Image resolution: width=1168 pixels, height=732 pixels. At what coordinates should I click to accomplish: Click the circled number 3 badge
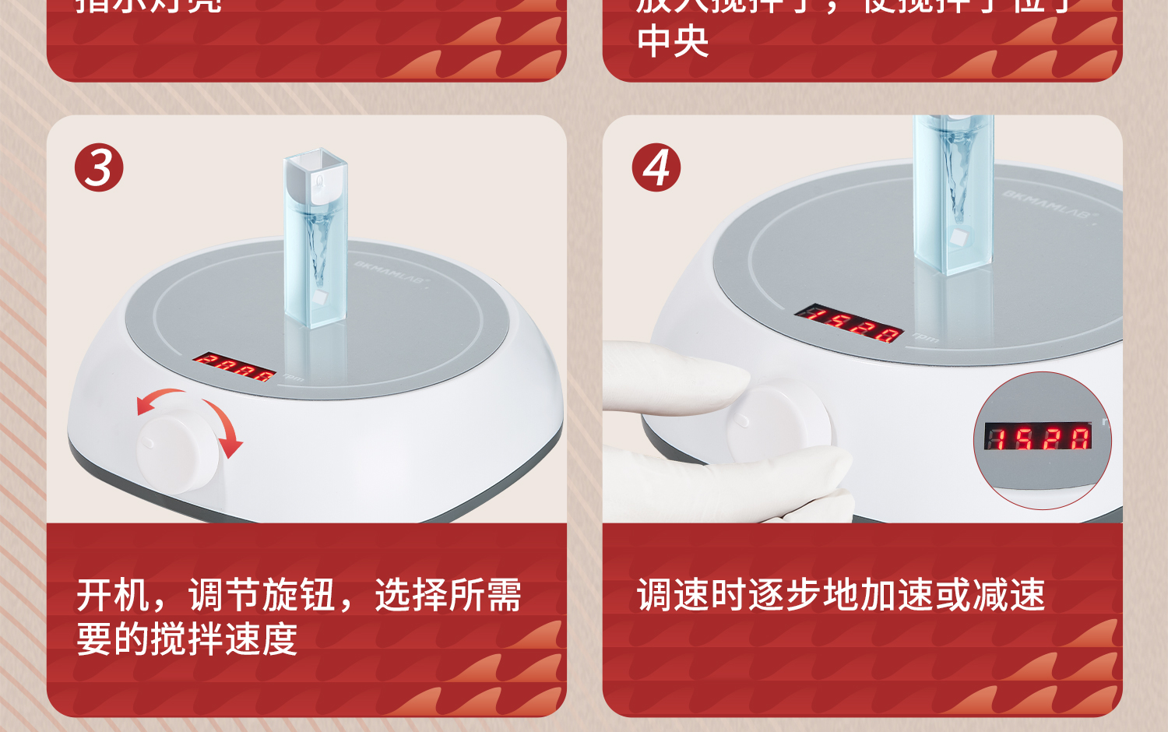coord(99,167)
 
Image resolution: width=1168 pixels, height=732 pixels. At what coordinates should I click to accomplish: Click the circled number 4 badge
coord(656,167)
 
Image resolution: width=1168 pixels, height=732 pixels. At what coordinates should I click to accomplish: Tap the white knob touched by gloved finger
coord(779,421)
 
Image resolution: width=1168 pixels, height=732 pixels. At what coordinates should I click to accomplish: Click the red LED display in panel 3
coord(234,367)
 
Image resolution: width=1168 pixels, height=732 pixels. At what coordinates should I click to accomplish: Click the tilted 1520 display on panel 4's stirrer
coord(848,322)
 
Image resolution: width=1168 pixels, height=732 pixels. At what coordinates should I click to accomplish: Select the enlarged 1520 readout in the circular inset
coord(1038,437)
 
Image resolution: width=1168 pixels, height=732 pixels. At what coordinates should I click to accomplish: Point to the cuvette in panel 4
coord(952,195)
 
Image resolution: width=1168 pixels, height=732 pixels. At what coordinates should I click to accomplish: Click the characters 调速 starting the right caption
coord(673,596)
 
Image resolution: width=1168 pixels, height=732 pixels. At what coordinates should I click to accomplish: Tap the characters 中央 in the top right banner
coord(673,41)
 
